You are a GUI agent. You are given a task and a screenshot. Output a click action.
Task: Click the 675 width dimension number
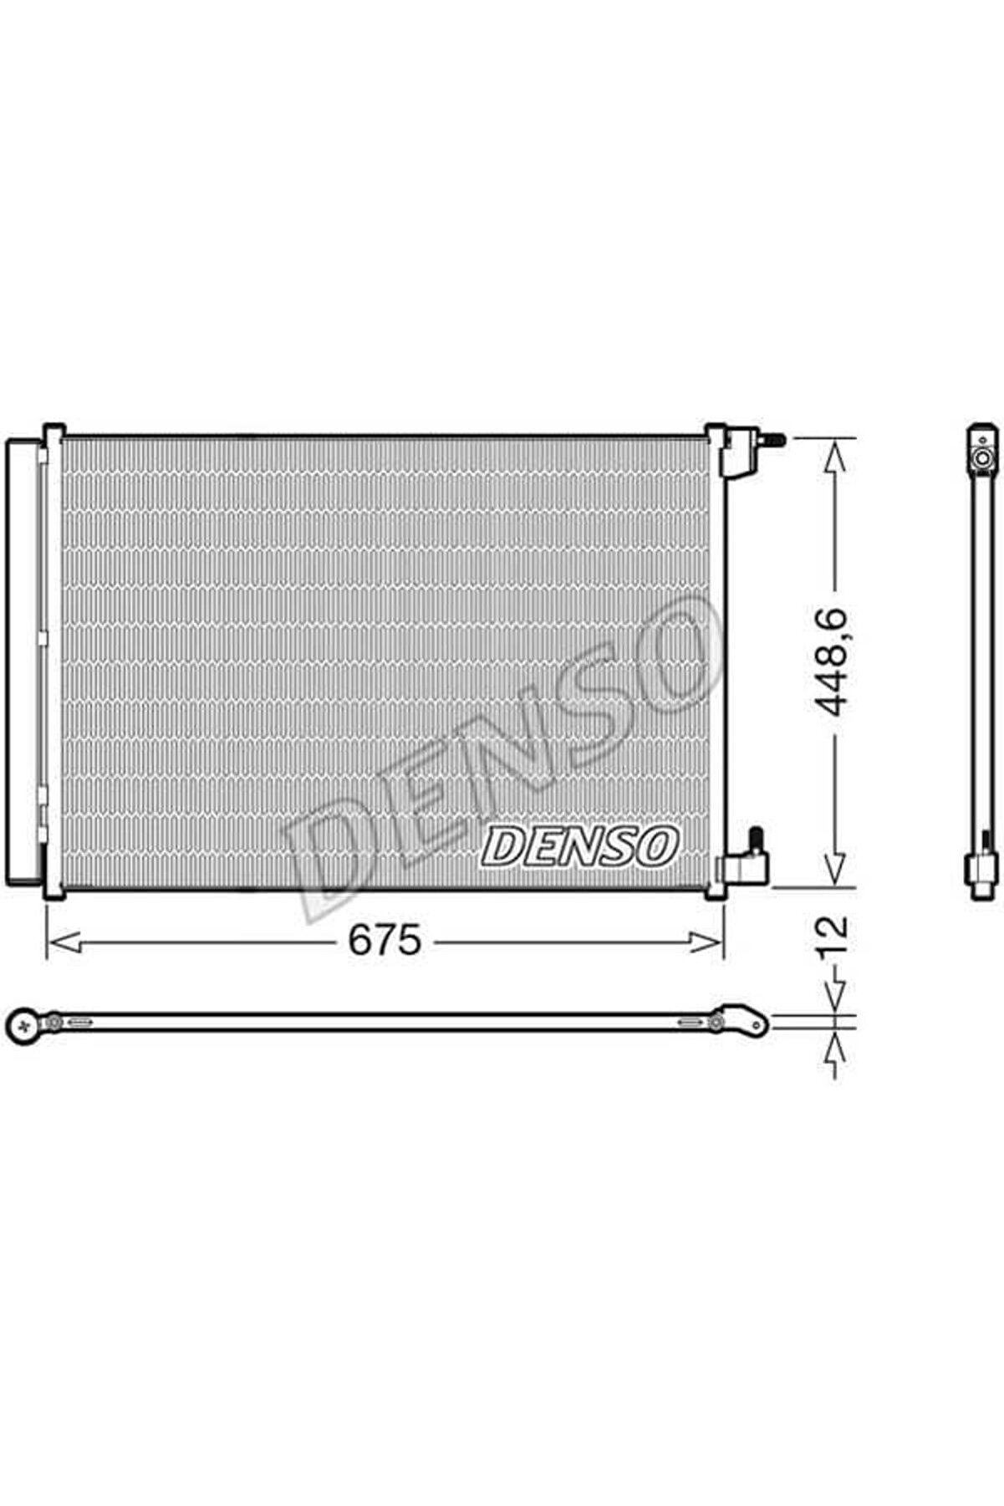pyautogui.click(x=385, y=942)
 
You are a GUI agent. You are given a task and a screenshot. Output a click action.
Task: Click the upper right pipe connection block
pyautogui.click(x=738, y=452)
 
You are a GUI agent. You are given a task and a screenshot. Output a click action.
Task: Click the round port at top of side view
pyautogui.click(x=981, y=457)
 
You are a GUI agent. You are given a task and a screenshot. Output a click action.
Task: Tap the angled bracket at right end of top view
pyautogui.click(x=746, y=1021)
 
